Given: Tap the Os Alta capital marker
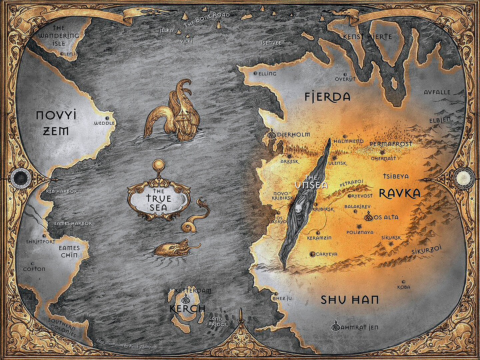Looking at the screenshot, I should point(368,217).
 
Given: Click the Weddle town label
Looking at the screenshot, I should point(104,123).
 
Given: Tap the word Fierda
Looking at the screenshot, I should point(328,97).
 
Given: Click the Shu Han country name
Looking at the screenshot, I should point(350,300).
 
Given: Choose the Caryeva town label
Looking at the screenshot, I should point(326,254).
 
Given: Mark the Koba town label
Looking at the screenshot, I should point(404,287).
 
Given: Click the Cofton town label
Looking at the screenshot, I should point(34,269).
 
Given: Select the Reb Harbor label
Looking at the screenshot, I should point(62,191).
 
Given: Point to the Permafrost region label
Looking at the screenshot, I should point(391,144).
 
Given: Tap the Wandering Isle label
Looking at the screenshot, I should point(59,36).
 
